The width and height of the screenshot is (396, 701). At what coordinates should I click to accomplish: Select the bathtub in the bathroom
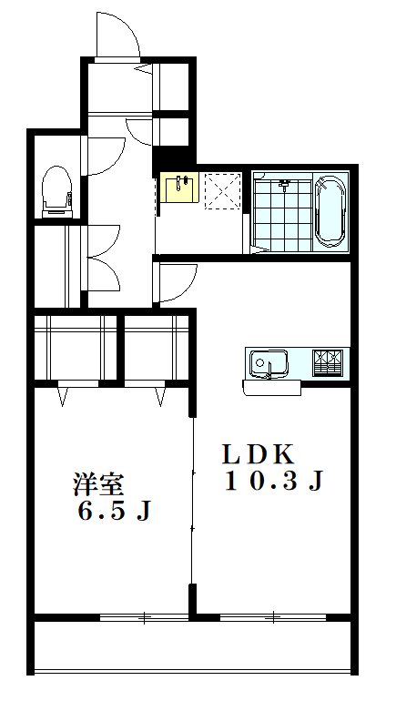(329, 210)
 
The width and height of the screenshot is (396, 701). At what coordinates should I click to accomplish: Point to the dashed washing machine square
(220, 188)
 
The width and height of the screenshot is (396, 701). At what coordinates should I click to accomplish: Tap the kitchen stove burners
(329, 362)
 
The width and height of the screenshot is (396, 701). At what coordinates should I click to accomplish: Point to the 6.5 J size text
(113, 512)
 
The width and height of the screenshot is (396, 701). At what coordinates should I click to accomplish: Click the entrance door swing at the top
(117, 35)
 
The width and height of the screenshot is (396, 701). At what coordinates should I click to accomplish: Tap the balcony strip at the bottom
(192, 648)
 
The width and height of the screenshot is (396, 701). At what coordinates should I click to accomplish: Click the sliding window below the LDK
(273, 618)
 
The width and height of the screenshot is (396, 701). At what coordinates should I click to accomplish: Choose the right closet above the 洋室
(157, 348)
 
